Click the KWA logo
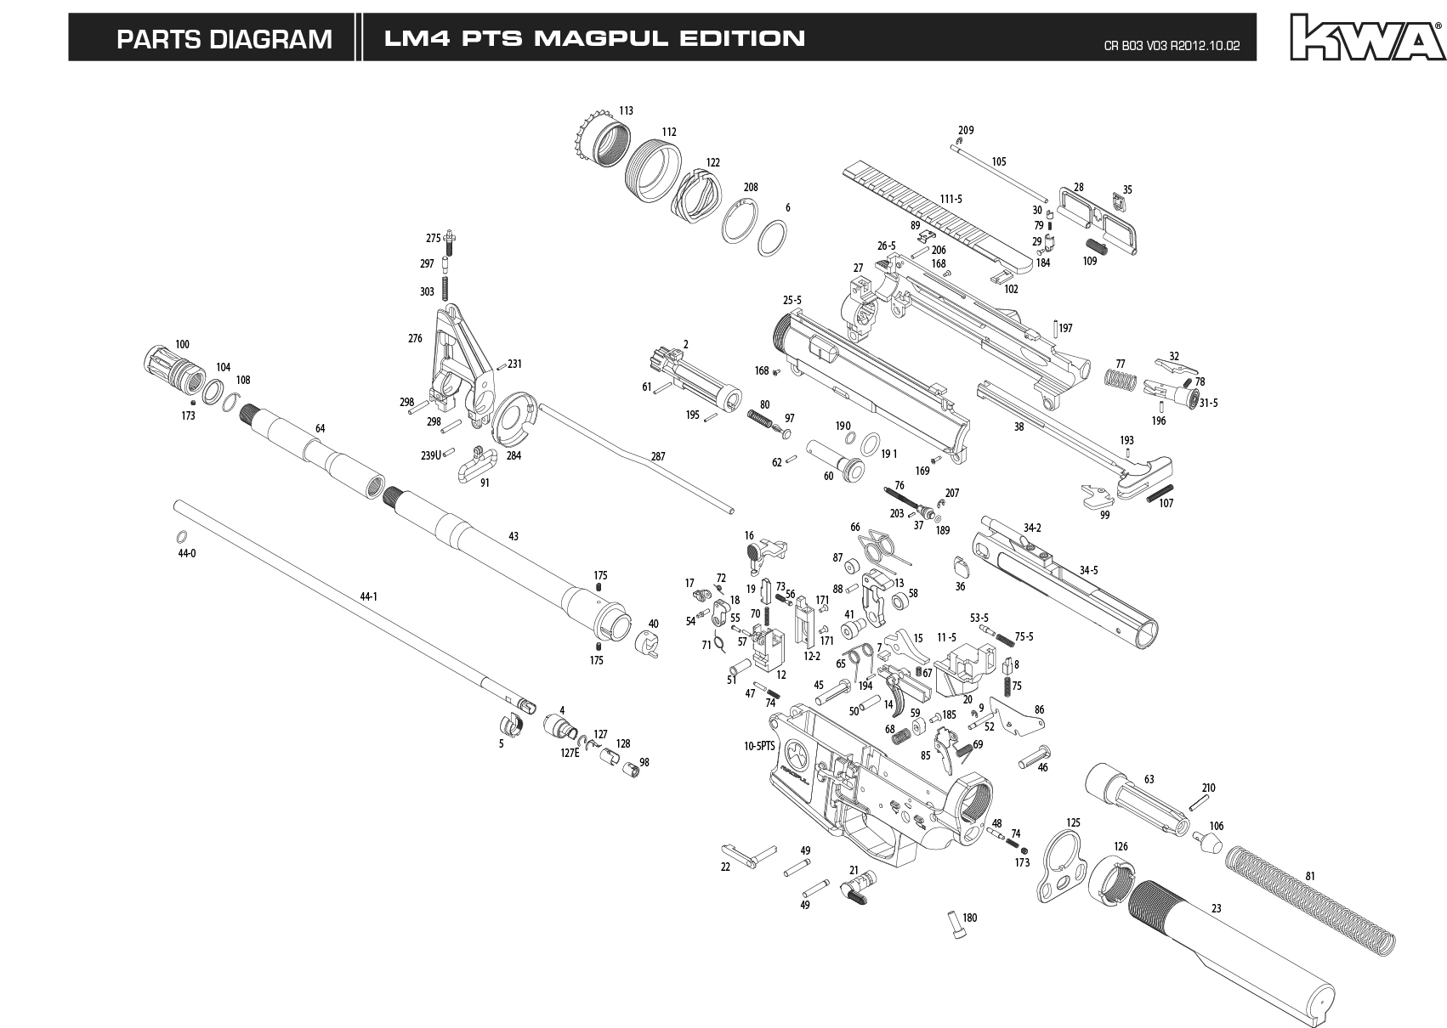pos(1365,38)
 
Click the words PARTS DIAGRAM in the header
pos(224,39)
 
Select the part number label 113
pos(626,110)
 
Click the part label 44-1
pos(368,596)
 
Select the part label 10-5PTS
pos(758,746)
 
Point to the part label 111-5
pos(950,199)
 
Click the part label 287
pos(658,456)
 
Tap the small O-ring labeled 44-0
pos(182,537)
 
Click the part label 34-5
pos(1088,570)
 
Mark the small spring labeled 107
pos(1160,494)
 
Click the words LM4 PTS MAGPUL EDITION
pos(594,38)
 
